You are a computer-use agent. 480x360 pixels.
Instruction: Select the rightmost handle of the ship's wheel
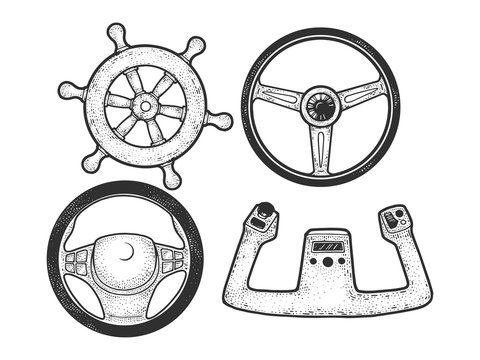223,121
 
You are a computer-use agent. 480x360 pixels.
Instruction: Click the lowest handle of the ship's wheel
171,179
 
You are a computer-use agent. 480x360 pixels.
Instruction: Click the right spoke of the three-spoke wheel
363,95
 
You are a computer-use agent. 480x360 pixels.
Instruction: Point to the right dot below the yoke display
341,262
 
